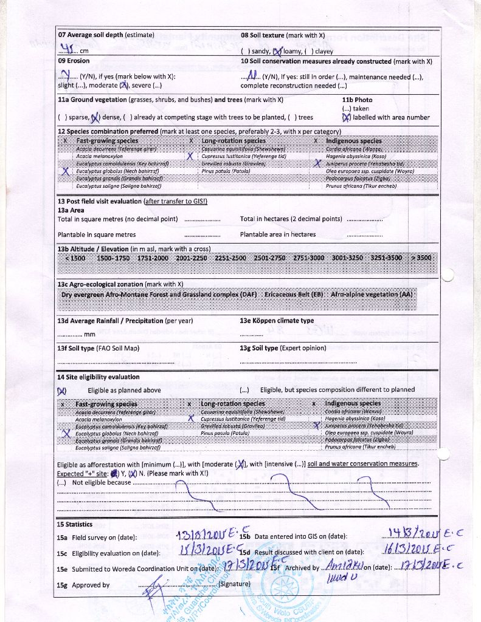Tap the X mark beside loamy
point(279,52)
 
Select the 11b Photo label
point(357,100)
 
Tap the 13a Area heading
point(71,210)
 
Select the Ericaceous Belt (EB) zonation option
point(294,295)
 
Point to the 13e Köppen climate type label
point(277,321)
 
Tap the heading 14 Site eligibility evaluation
point(99,377)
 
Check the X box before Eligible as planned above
point(61,391)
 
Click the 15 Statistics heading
point(75,524)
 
